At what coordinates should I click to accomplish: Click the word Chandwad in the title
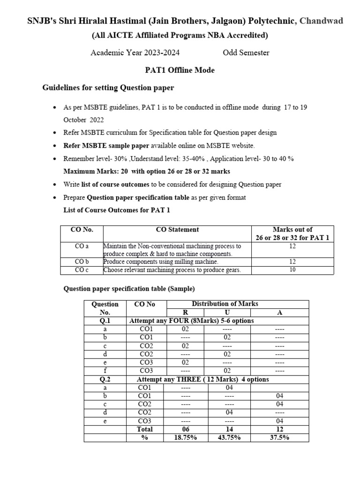click(x=321, y=21)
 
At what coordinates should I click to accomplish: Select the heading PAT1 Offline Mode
click(x=180, y=70)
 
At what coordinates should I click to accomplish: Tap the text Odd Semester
click(x=246, y=52)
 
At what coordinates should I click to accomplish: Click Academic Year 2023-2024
click(x=135, y=52)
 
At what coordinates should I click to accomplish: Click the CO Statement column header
click(x=177, y=230)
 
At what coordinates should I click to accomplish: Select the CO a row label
click(x=82, y=246)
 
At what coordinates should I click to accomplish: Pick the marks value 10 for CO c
click(x=292, y=270)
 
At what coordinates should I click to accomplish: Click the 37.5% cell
click(x=279, y=437)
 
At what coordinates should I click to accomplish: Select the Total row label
click(x=144, y=429)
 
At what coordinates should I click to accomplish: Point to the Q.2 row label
click(x=105, y=379)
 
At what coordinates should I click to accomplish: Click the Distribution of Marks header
click(x=225, y=304)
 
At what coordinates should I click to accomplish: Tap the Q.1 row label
click(x=105, y=321)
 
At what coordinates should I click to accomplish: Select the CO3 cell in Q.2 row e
click(x=144, y=421)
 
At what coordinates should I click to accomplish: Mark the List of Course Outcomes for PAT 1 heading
click(x=117, y=210)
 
